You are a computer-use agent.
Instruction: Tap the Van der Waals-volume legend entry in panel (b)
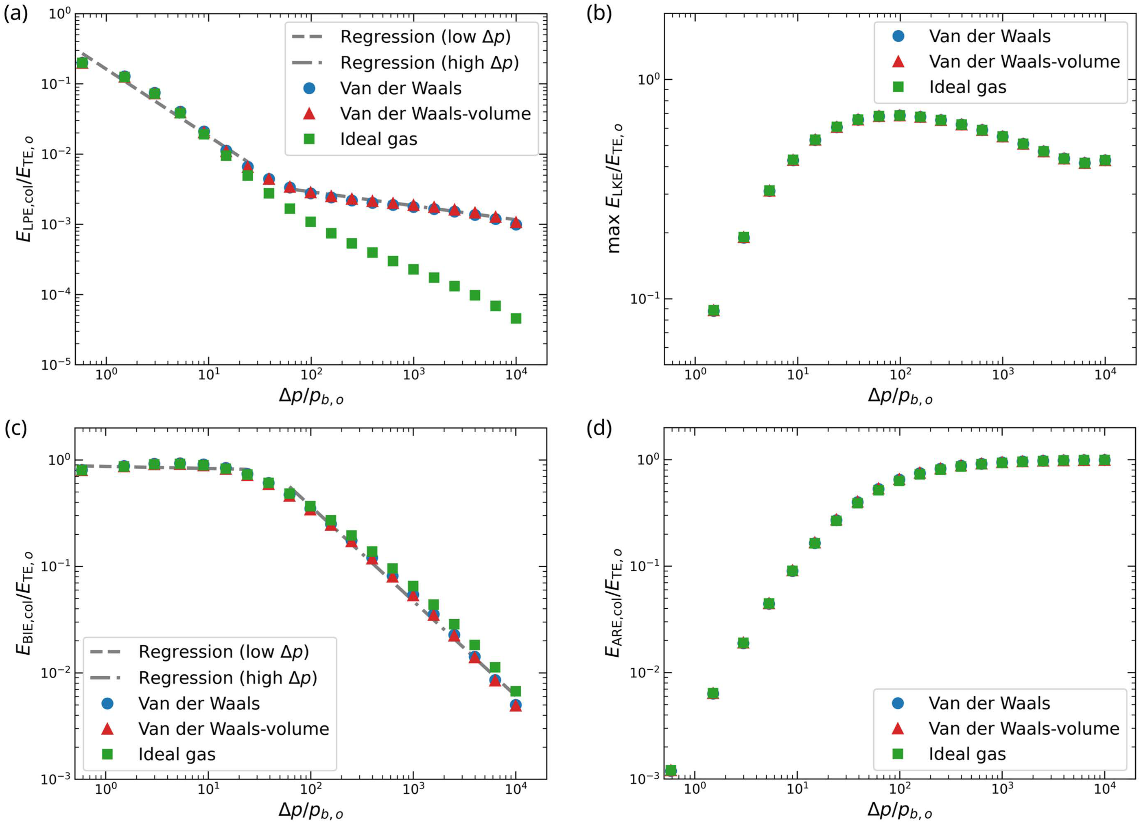[x=1024, y=61]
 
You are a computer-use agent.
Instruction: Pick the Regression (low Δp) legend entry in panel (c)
[x=223, y=651]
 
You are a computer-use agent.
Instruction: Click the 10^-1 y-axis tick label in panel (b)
[x=644, y=298]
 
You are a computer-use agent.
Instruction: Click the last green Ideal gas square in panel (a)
[x=516, y=318]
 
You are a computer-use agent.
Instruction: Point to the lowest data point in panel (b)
[x=713, y=310]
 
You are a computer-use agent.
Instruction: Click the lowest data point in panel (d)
[x=671, y=770]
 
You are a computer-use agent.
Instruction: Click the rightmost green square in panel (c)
[x=516, y=691]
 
